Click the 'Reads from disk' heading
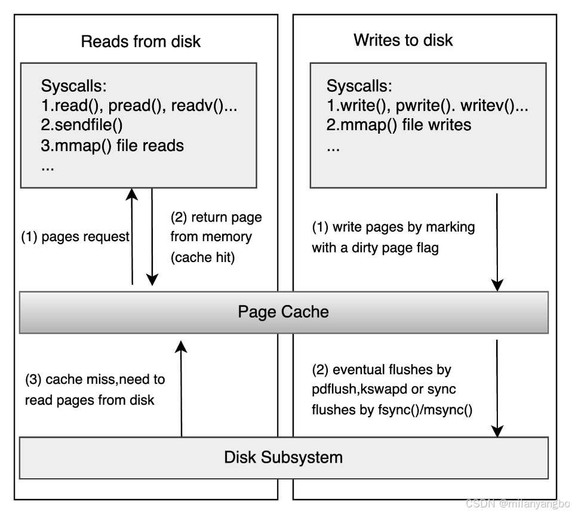coord(140,41)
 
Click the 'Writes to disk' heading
coord(403,40)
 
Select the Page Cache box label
coord(283,312)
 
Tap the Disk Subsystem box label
coord(283,457)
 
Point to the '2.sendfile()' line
coord(82,125)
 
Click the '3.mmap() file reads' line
coord(112,145)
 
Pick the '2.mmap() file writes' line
coord(399,125)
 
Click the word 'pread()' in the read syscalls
coord(142,105)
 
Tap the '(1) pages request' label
coord(75,236)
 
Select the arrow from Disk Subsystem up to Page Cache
coord(182,388)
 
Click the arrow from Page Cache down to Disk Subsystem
coord(497,388)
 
